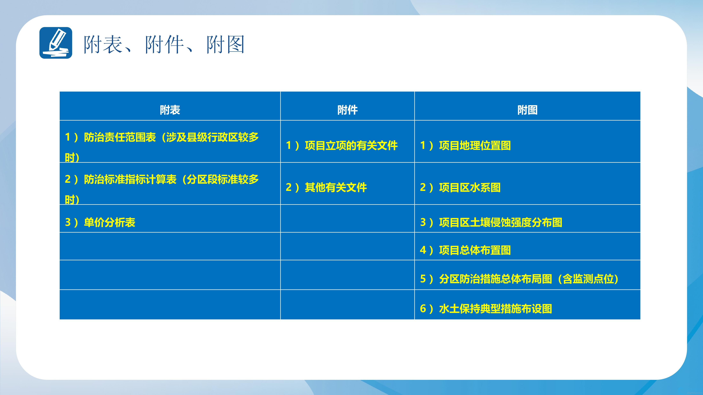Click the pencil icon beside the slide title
(56, 43)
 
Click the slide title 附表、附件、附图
(164, 44)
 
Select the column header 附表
(170, 110)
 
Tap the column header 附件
(347, 110)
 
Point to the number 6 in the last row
(423, 309)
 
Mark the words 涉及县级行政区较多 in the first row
(213, 137)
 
